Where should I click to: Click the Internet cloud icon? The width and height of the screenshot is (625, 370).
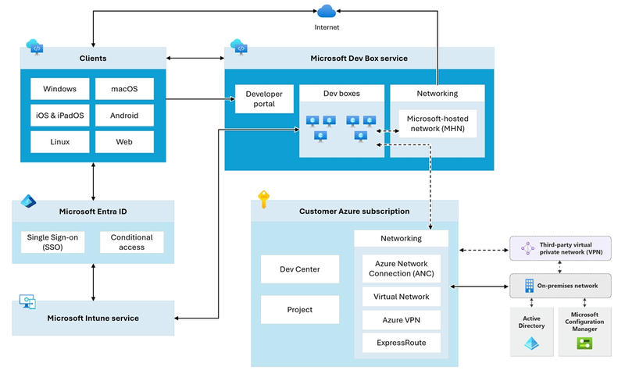coord(327,11)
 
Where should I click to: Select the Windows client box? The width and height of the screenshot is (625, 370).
coord(59,89)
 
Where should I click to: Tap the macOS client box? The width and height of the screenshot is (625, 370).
coord(124,89)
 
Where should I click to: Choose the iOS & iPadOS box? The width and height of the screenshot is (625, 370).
coord(59,116)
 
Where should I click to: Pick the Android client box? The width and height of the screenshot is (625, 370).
coord(124,116)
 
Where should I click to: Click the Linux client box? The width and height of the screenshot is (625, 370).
coord(59,142)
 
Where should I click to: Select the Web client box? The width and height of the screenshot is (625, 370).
coord(124,142)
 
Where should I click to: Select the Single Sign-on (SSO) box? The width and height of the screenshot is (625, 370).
coord(52,242)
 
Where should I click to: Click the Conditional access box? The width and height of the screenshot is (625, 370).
coord(131,242)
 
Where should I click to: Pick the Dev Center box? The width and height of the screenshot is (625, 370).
coord(288,269)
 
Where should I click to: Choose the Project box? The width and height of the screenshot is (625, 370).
coord(288,310)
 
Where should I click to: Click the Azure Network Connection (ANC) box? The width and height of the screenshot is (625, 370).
coord(402,269)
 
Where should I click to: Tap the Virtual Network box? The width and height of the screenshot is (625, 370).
coord(402,297)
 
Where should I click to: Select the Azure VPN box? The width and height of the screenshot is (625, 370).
coord(402,320)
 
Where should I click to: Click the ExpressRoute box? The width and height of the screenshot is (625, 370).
coord(402,343)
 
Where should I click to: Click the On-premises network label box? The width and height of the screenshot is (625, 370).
coord(560,286)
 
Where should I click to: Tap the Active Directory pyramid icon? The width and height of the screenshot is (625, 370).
coord(533,343)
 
